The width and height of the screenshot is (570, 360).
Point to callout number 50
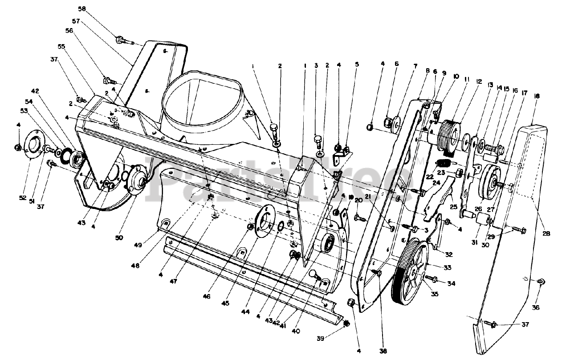(x=118, y=238)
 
